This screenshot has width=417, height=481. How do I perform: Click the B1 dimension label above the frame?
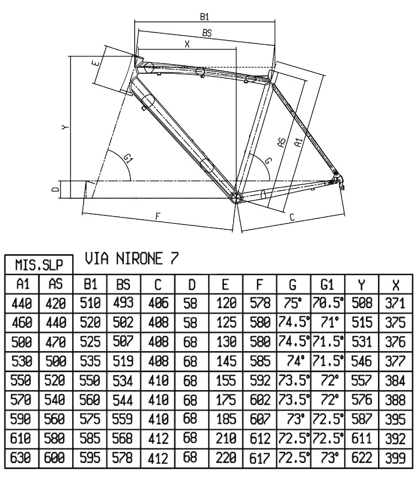(204, 17)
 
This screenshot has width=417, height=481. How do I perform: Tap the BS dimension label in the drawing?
(207, 33)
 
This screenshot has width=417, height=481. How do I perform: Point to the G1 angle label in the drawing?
(129, 159)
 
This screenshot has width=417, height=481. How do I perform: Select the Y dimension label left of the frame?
(64, 127)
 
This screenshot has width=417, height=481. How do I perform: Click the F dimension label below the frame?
(158, 216)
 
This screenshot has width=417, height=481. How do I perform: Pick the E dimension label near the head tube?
(96, 64)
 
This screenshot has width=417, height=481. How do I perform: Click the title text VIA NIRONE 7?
(132, 258)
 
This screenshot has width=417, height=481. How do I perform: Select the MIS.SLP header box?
(39, 264)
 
